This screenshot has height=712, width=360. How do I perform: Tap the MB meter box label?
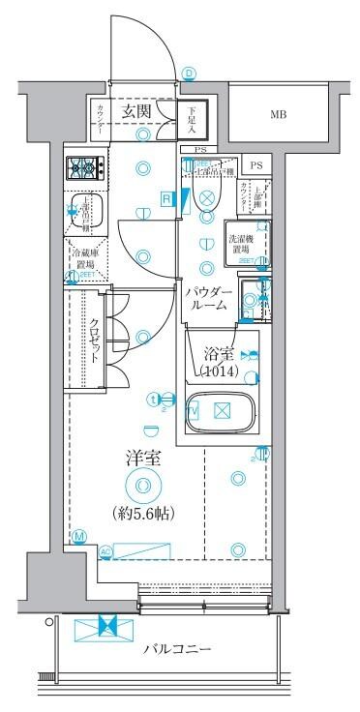[x=278, y=114]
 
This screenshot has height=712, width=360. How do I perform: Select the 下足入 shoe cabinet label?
[x=192, y=120]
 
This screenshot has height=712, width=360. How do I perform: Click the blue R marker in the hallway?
[x=166, y=199]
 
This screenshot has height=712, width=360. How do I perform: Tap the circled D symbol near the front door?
[x=189, y=73]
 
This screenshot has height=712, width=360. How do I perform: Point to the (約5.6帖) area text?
[x=144, y=513]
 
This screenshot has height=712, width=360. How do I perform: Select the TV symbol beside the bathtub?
[x=192, y=410]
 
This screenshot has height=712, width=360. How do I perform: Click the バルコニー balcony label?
[x=178, y=648]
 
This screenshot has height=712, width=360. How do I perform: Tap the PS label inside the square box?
[x=256, y=166]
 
